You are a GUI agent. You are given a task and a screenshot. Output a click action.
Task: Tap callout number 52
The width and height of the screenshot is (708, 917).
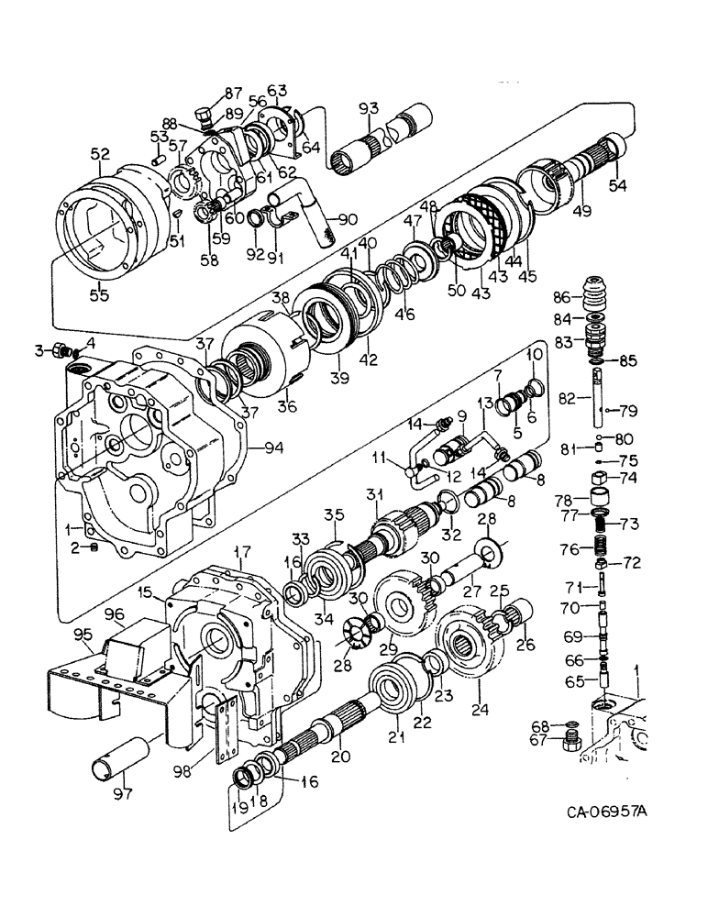point(99,155)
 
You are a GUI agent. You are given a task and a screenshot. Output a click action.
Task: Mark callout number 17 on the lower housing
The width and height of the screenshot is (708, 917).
point(242,554)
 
